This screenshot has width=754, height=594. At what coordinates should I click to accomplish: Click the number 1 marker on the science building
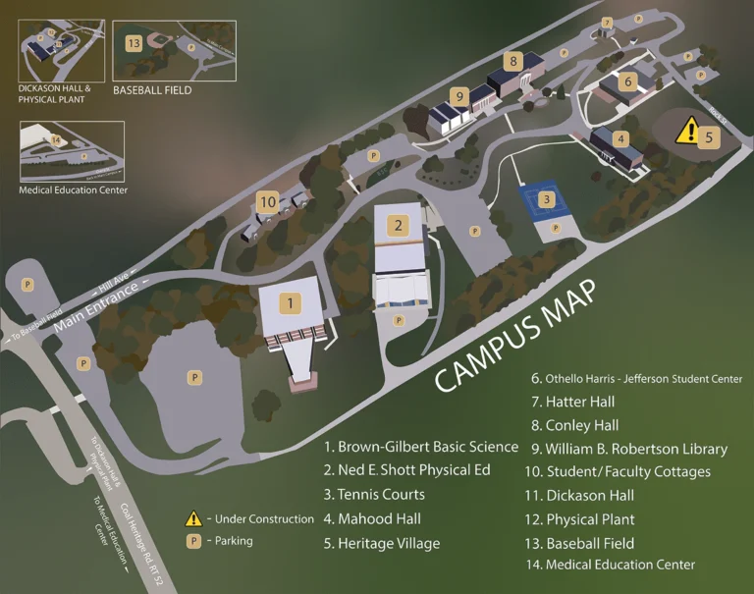tap(290, 302)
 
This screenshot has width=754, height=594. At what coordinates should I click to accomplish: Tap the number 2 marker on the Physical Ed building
tap(398, 226)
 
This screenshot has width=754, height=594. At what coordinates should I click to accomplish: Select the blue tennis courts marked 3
tap(547, 200)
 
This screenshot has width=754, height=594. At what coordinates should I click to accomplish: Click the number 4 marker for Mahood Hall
tap(620, 139)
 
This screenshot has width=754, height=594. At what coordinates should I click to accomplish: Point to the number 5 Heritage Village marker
tap(710, 138)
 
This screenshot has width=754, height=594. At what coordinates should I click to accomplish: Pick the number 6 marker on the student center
tap(627, 81)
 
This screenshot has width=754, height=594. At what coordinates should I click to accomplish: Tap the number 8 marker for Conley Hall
tap(512, 61)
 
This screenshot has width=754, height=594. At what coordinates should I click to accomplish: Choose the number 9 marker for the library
tap(458, 96)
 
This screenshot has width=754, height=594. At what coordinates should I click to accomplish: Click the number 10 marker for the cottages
tap(267, 202)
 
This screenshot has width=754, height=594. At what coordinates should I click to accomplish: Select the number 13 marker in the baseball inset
tap(134, 43)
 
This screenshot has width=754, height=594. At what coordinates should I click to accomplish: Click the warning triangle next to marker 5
tap(688, 130)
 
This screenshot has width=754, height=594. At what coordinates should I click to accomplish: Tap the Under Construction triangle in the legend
tap(194, 519)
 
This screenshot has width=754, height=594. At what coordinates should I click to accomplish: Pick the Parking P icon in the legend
tap(194, 541)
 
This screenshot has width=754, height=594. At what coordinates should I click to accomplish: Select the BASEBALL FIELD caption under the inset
tap(152, 90)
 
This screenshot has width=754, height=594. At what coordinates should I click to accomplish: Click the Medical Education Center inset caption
tap(73, 190)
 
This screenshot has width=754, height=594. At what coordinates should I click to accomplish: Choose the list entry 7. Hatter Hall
tap(572, 402)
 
